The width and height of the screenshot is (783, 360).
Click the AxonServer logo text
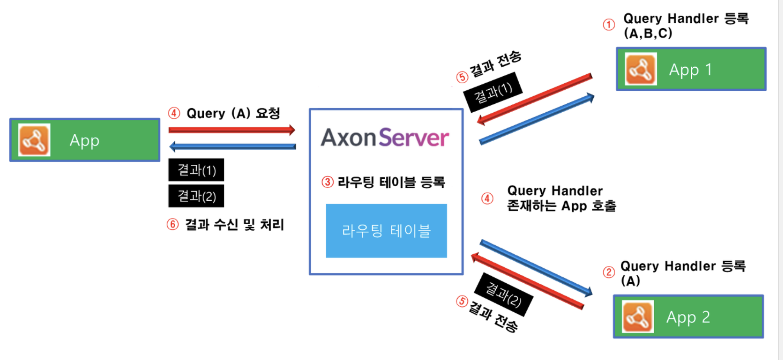(x=385, y=138)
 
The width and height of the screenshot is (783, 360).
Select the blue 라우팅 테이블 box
(x=386, y=230)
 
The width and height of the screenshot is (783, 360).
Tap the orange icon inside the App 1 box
(x=641, y=69)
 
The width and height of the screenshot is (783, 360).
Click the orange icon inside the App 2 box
(x=638, y=317)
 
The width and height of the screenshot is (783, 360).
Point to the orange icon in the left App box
(x=34, y=140)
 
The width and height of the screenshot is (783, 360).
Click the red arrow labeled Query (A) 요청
(x=232, y=130)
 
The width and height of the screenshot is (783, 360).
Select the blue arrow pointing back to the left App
(x=232, y=147)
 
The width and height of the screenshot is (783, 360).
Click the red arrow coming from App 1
(x=535, y=99)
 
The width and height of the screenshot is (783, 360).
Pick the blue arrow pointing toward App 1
(x=537, y=119)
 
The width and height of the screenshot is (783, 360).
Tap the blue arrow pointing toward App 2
(x=536, y=268)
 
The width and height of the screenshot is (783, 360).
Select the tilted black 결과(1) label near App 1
(x=493, y=92)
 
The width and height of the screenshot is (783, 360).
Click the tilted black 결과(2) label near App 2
(x=503, y=295)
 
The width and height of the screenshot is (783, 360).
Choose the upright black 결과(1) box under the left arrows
(x=196, y=170)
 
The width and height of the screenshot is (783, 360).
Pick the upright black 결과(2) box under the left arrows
(x=196, y=196)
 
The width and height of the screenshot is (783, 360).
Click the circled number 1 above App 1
(x=609, y=25)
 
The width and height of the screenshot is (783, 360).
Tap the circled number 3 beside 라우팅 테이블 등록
(x=327, y=182)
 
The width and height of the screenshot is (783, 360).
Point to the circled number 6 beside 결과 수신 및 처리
(x=172, y=225)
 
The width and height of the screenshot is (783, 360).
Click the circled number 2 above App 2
(x=609, y=272)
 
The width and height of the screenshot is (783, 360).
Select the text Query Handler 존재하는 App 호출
(x=561, y=198)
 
